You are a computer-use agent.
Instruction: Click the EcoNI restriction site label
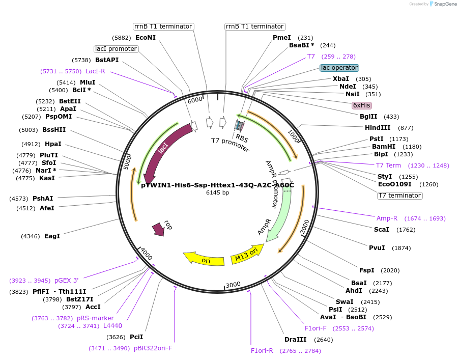tap(146, 37)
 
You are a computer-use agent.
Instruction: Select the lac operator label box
tap(339, 68)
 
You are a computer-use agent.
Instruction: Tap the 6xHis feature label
tap(362, 105)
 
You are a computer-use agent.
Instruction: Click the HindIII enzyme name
tap(378, 128)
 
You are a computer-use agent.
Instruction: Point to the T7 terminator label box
tap(400, 195)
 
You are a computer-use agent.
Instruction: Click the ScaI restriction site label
tap(382, 229)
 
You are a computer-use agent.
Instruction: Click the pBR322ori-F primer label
tap(153, 348)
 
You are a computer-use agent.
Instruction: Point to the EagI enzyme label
tap(52, 236)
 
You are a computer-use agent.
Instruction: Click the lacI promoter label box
tap(116, 49)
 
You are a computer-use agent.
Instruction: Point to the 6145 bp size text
tap(217, 192)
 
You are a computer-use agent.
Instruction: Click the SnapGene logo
tap(441, 4)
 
